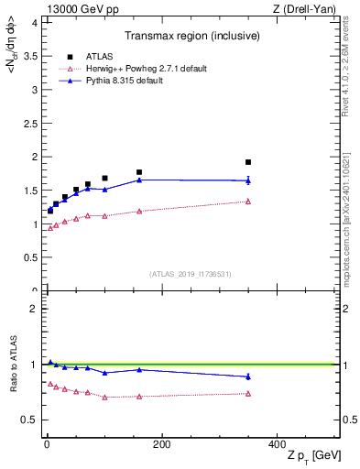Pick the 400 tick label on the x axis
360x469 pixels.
point(277,444)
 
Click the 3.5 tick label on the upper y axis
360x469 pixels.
point(32,56)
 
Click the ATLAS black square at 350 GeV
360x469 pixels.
point(248,162)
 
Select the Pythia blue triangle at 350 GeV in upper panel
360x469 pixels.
point(248,180)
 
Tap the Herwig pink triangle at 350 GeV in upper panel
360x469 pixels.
point(248,202)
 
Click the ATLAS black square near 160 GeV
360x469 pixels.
point(139,172)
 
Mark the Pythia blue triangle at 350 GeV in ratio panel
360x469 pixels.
point(248,376)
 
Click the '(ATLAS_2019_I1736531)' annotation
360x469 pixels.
point(190,274)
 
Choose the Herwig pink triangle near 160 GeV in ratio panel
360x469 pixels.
point(139,397)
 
